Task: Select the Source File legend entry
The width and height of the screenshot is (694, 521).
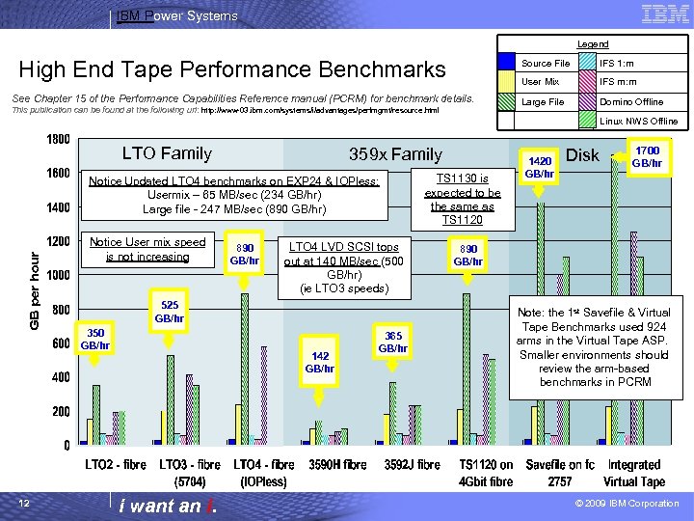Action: pyautogui.click(x=545, y=63)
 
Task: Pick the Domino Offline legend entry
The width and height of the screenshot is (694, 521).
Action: pyautogui.click(x=631, y=101)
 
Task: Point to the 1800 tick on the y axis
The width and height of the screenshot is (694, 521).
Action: pyautogui.click(x=57, y=139)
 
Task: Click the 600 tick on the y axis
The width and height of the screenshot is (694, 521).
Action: pyautogui.click(x=61, y=343)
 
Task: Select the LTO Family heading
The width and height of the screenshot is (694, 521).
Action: pyautogui.click(x=167, y=152)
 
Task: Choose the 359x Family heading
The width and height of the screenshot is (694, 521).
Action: pyautogui.click(x=395, y=154)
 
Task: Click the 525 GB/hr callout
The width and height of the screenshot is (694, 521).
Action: pyautogui.click(x=171, y=311)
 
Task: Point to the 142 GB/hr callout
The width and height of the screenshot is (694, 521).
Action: pyautogui.click(x=319, y=362)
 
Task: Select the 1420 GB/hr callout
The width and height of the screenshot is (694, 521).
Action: pyautogui.click(x=540, y=167)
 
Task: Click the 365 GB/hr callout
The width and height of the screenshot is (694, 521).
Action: pyautogui.click(x=393, y=342)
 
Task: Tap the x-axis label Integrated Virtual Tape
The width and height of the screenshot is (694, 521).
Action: pyautogui.click(x=634, y=473)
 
